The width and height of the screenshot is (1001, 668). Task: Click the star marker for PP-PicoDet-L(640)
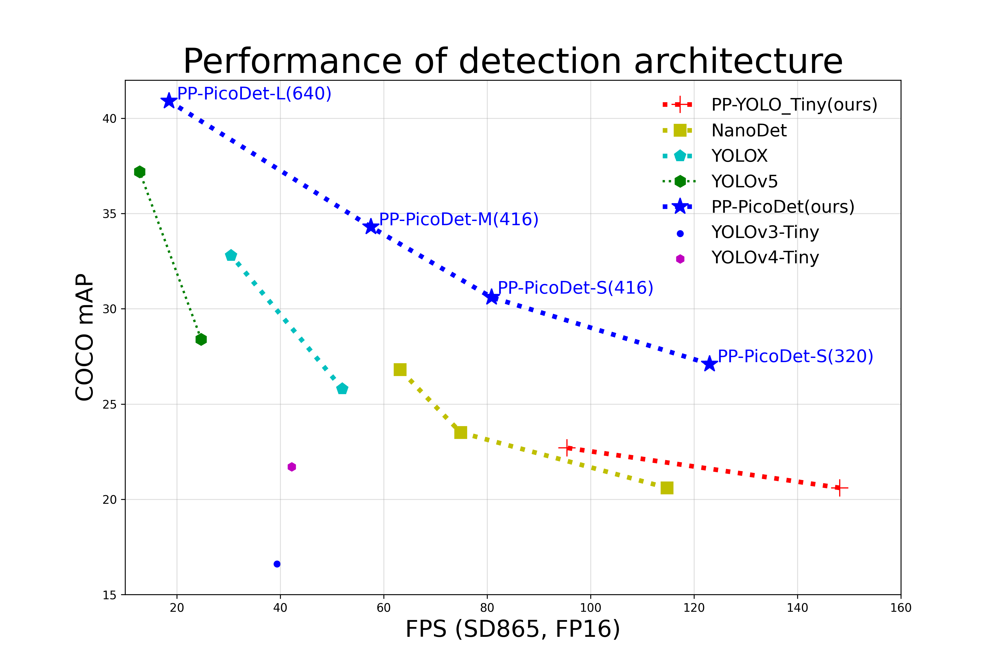click(169, 101)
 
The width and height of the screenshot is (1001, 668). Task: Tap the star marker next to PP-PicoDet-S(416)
click(492, 297)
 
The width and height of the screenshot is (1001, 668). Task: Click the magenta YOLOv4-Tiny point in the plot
click(291, 467)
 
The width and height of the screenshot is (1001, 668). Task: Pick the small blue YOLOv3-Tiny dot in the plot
click(277, 564)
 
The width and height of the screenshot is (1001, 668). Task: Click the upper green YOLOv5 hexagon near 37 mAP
click(140, 172)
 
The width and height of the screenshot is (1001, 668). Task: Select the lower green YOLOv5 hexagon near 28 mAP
click(201, 340)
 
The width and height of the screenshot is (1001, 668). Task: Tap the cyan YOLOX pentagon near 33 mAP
click(231, 256)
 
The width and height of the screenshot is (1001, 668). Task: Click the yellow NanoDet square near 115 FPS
click(667, 488)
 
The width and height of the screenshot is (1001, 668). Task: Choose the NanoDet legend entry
click(749, 130)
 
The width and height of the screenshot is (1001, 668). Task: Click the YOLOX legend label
click(739, 156)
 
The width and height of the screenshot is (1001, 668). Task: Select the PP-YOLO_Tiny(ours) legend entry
click(794, 105)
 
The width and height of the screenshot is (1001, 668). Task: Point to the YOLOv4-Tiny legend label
click(765, 258)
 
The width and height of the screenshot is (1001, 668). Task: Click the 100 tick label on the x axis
click(590, 608)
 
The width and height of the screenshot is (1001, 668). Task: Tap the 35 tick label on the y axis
click(109, 214)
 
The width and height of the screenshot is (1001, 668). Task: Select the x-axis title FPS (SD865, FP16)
click(512, 629)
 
